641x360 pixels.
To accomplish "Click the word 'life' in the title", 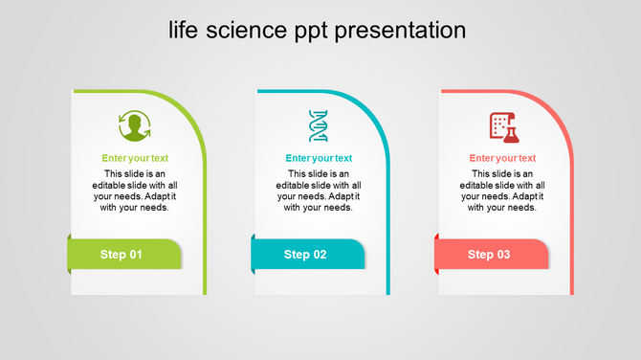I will click(186, 31).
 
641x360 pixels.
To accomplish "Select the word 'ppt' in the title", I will click(308, 31).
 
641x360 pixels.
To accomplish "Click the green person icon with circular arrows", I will click(135, 126).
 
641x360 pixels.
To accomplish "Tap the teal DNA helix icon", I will click(318, 126).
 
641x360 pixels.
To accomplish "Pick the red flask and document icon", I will click(502, 126).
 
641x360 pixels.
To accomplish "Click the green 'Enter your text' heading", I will click(135, 158).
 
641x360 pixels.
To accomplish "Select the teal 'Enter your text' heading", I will click(319, 158).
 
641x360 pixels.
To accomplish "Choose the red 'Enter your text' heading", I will click(502, 158).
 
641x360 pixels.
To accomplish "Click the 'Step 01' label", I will click(122, 255).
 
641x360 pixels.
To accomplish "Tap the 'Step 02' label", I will click(305, 255).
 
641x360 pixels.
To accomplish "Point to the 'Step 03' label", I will click(489, 255).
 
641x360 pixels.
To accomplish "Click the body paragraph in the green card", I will click(135, 191).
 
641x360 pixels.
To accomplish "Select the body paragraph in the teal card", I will click(319, 191).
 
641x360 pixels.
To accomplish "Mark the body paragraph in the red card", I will click(502, 191).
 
